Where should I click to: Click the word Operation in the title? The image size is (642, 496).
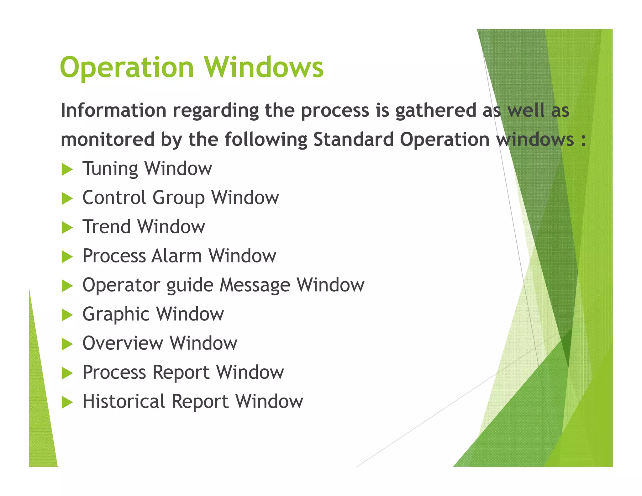tap(127, 67)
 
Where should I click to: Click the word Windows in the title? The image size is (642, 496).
tap(264, 67)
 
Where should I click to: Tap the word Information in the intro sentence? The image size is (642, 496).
tap(113, 110)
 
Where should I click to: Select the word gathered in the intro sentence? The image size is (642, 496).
tap(436, 110)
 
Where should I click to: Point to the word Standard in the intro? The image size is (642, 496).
tap(353, 139)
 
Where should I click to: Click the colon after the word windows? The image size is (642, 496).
tap(583, 140)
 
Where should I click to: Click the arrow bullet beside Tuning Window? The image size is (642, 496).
tap(67, 170)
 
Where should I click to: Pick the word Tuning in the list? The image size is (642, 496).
tap(110, 169)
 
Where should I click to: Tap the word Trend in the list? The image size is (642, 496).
tap(107, 227)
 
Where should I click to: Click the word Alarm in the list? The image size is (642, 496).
tap(176, 256)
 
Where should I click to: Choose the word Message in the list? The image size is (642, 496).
tap(255, 285)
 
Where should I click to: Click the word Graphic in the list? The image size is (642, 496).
tap(116, 314)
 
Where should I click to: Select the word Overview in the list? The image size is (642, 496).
tap(123, 343)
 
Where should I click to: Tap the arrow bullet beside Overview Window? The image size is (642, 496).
tap(67, 344)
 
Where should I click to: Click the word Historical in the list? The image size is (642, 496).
tap(124, 401)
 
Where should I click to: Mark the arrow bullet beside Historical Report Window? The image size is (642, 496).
tap(67, 402)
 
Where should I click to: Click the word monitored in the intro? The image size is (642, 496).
tap(108, 139)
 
